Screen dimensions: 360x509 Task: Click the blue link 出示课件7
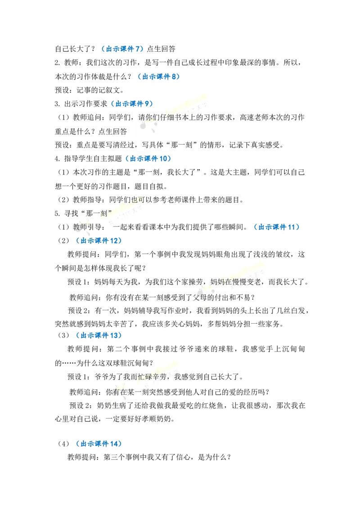pos(122,49)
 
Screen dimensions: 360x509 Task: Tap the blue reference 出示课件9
pos(131,104)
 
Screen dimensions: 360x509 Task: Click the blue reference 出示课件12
pos(99,241)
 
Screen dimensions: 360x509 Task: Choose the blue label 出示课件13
pos(99,335)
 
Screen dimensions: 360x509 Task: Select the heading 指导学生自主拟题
pos(93,159)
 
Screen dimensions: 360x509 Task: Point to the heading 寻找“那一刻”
pos(88,214)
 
